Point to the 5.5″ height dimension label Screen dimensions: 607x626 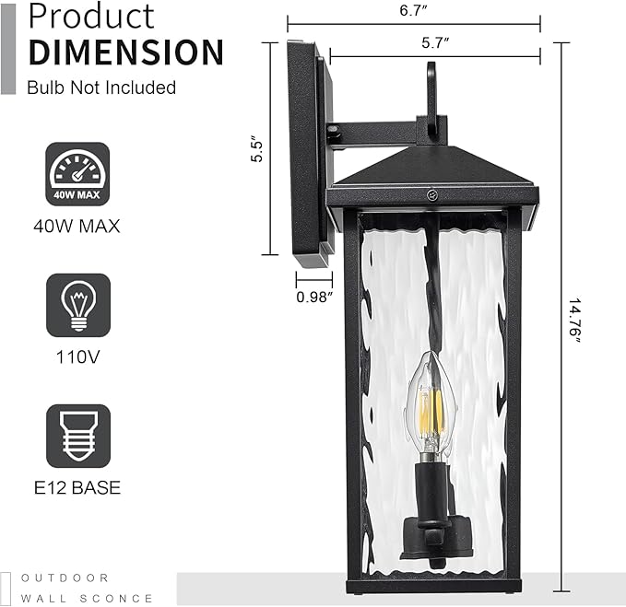[257, 150]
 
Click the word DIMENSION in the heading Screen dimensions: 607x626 [125, 52]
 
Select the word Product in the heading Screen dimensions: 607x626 [91, 16]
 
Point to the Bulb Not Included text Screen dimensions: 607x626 [101, 88]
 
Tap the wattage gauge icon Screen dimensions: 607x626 [77, 174]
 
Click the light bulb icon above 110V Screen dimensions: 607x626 [77, 305]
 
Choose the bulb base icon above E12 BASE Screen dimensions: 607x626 [77, 438]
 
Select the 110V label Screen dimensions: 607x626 [77, 356]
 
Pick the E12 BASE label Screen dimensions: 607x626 [77, 488]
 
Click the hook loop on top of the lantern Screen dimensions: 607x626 [431, 92]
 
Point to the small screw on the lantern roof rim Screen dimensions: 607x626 [431, 195]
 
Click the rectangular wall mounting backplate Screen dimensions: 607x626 [305, 152]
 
